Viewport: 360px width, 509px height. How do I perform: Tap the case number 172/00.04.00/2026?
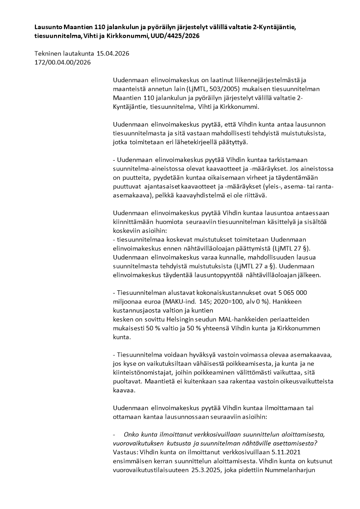(x=63, y=62)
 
